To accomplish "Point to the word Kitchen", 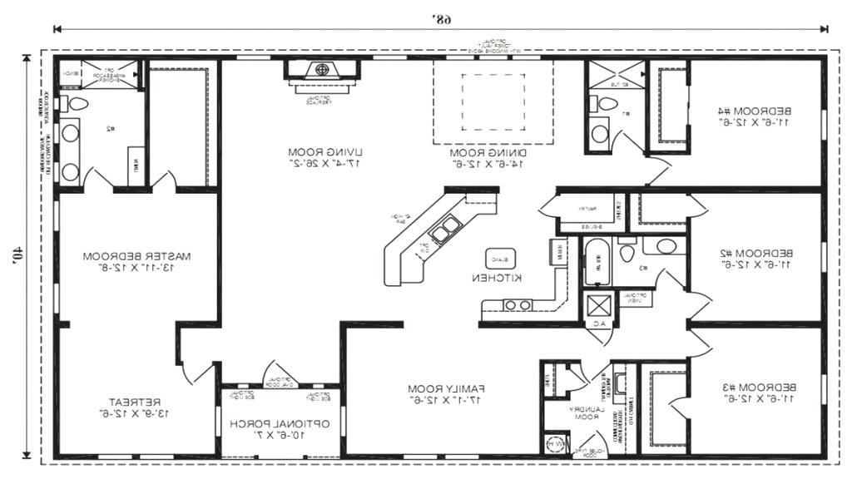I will pyautogui.click(x=498, y=277).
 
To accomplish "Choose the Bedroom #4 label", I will pyautogui.click(x=755, y=116).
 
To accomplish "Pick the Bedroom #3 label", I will pyautogui.click(x=755, y=393).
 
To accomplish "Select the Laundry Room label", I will pyautogui.click(x=582, y=413).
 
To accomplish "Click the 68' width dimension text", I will pyautogui.click(x=442, y=18).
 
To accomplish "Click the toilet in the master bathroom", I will pyautogui.click(x=78, y=104).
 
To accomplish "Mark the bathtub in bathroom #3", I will pyautogui.click(x=594, y=263).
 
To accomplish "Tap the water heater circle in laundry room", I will pyautogui.click(x=552, y=445).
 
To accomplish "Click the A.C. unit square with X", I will pyautogui.click(x=598, y=306).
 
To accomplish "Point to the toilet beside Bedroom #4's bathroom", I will pyautogui.click(x=607, y=104).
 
